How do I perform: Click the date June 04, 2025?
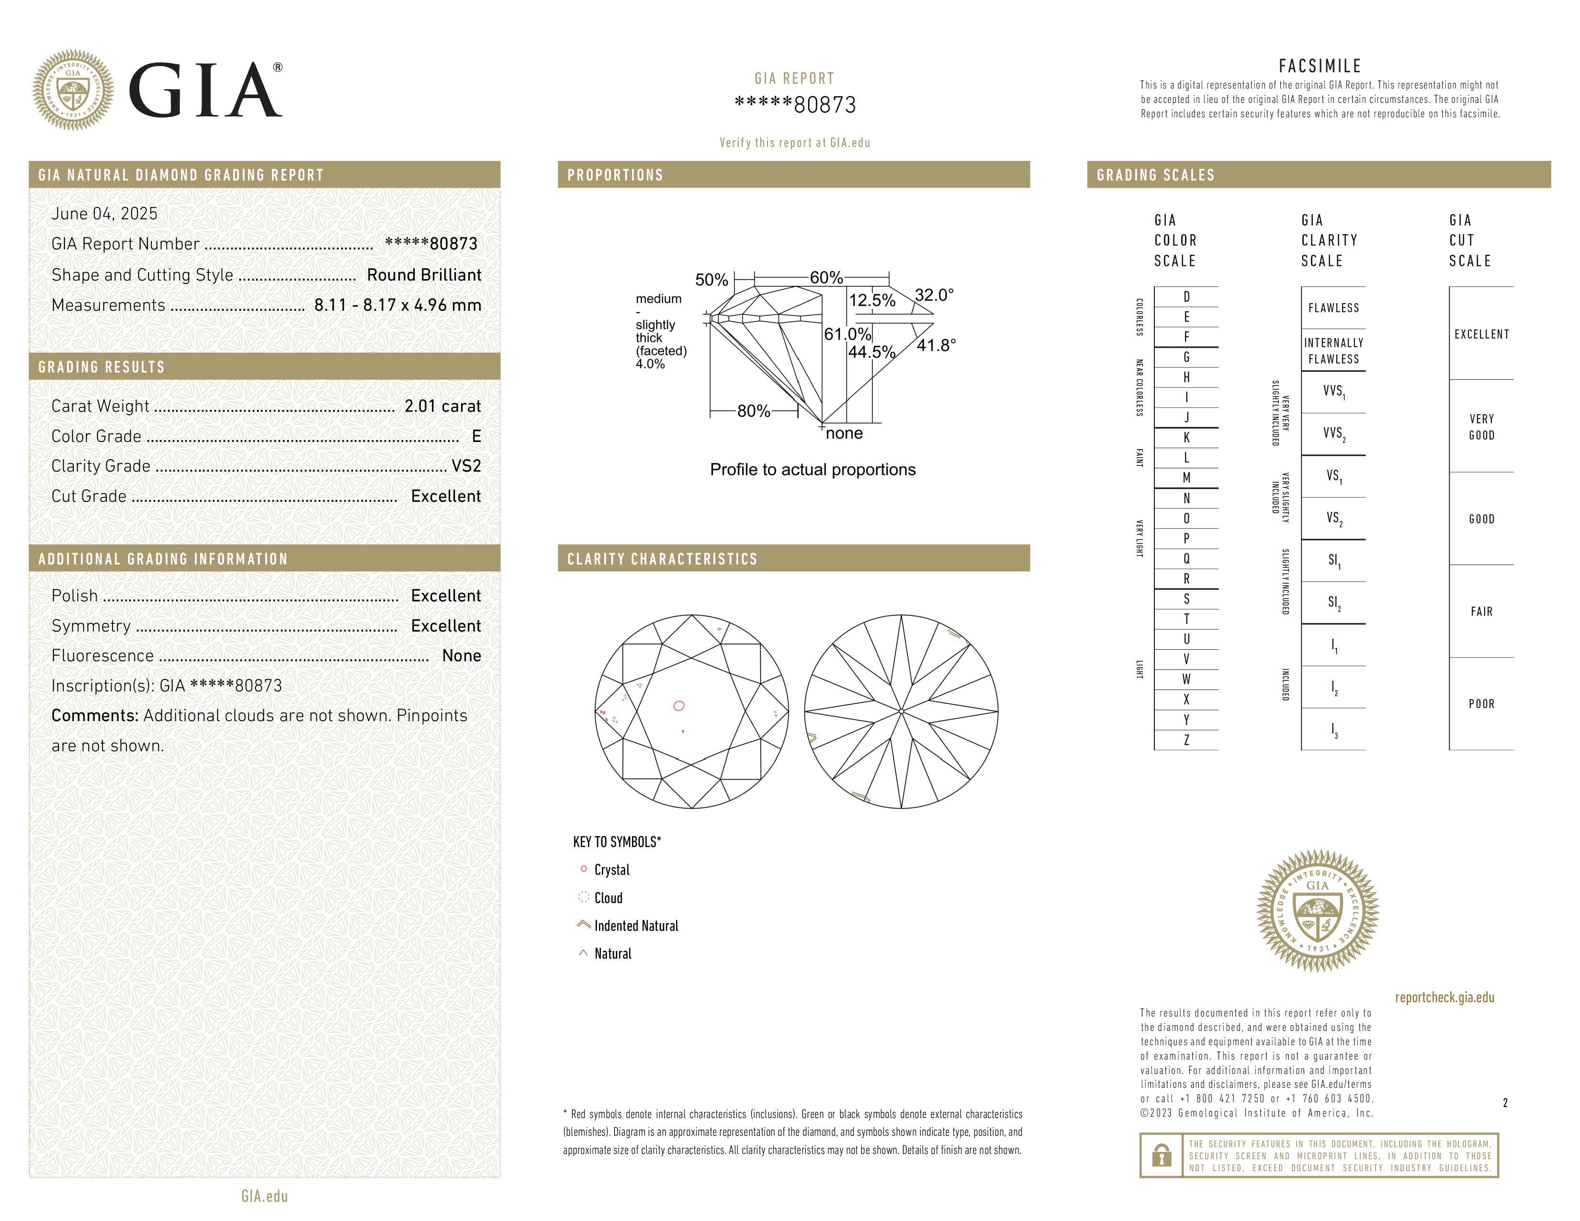[x=104, y=214]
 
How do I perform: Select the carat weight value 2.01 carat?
[x=442, y=407]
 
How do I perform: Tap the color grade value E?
[x=476, y=436]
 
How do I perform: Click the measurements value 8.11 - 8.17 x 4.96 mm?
[x=397, y=305]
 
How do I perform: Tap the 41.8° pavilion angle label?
[x=936, y=346]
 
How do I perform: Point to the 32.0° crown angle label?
[x=934, y=295]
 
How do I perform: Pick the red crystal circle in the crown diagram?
[x=678, y=706]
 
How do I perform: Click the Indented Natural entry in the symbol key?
[x=635, y=926]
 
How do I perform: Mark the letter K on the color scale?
[x=1186, y=438]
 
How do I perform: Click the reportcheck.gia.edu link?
[x=1444, y=997]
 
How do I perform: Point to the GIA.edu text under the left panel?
[x=264, y=1197]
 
